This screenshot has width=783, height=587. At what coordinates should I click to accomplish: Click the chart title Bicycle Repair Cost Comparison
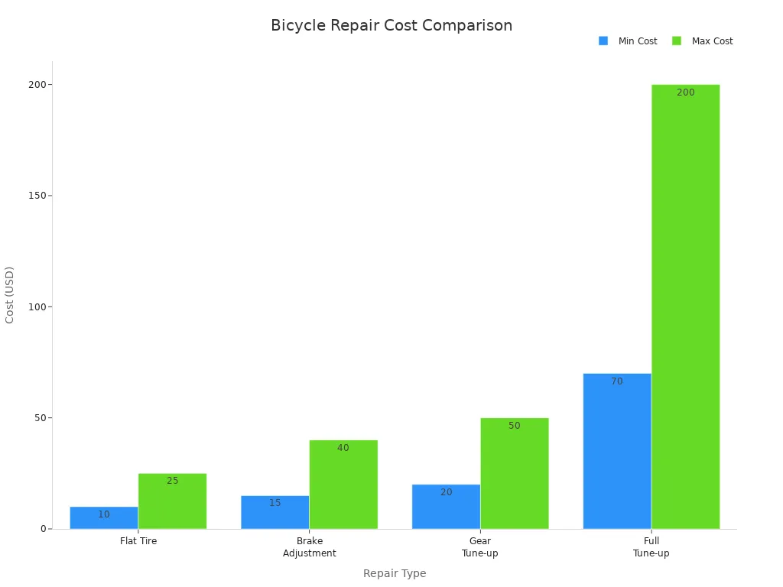pyautogui.click(x=391, y=26)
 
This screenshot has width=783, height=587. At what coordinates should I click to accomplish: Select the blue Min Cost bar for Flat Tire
pyautogui.click(x=104, y=517)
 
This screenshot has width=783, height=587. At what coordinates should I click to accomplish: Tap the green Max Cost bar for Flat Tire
pyautogui.click(x=172, y=501)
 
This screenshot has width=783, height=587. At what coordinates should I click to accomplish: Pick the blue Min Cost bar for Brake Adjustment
pyautogui.click(x=275, y=512)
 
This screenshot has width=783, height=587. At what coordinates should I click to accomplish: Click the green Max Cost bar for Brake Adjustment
pyautogui.click(x=343, y=484)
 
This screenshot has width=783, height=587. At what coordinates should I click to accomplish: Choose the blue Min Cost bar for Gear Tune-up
pyautogui.click(x=446, y=506)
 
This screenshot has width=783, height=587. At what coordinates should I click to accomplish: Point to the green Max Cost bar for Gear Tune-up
pyautogui.click(x=515, y=473)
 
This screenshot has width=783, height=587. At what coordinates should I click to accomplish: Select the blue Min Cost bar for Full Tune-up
pyautogui.click(x=617, y=451)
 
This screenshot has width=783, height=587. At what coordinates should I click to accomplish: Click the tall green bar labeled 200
pyautogui.click(x=685, y=306)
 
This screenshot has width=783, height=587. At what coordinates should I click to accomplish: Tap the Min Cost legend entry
pyautogui.click(x=629, y=41)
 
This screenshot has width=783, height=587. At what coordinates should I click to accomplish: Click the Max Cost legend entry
pyautogui.click(x=703, y=41)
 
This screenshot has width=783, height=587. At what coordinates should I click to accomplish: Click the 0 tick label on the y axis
pyautogui.click(x=44, y=529)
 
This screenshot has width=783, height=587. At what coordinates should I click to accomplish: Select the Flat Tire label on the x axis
pyautogui.click(x=138, y=541)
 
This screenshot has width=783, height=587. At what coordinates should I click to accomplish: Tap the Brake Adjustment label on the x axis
pyautogui.click(x=309, y=547)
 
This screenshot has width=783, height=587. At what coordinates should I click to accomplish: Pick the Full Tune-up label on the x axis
pyautogui.click(x=651, y=547)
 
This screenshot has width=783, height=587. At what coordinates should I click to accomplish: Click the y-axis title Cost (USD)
pyautogui.click(x=10, y=295)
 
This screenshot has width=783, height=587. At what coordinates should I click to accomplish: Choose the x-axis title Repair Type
pyautogui.click(x=395, y=573)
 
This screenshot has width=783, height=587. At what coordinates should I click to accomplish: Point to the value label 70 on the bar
pyautogui.click(x=617, y=381)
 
